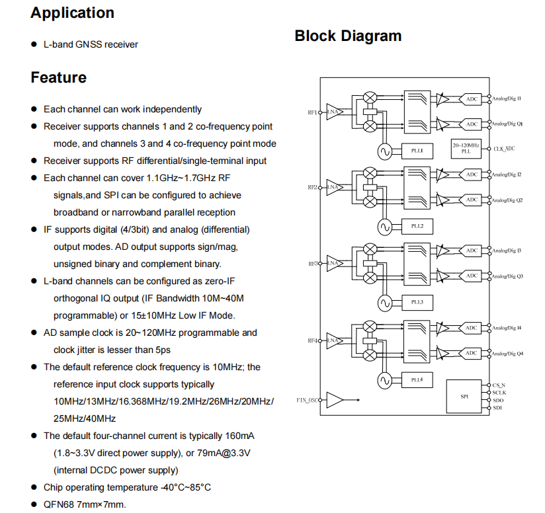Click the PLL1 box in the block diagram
417,151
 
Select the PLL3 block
417,302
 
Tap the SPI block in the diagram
464,397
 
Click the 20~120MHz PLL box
466,148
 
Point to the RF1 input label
312,112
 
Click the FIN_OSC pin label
307,400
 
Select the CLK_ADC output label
505,149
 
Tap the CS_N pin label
499,385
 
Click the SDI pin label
497,408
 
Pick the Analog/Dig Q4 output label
507,354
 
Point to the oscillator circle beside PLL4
385,381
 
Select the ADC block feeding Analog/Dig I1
470,99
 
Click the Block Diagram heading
348,36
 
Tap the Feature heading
58,77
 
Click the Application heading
72,13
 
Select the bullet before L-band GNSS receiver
34,44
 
